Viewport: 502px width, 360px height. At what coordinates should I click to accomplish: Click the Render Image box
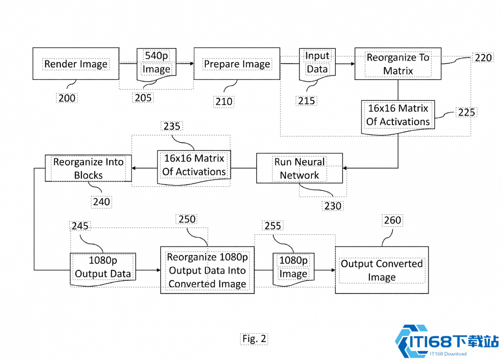coord(76,64)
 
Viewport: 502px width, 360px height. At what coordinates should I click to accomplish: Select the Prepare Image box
coord(237,64)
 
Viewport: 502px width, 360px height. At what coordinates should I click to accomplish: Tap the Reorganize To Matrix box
coord(398,64)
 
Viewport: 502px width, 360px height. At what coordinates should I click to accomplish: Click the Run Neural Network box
coord(299,168)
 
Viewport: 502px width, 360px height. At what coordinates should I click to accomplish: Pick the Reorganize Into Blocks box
coord(88,168)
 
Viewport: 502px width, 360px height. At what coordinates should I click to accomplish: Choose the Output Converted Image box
coord(381,270)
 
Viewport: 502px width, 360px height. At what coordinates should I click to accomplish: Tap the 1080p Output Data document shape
coord(103,267)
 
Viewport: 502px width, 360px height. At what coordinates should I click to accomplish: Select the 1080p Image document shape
coord(293,267)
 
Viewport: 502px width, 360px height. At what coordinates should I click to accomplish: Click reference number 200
coord(67,98)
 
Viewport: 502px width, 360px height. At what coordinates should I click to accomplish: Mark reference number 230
coord(333,206)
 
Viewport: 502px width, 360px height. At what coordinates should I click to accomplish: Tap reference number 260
coord(392,220)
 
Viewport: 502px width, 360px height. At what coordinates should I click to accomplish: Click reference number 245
coord(79,226)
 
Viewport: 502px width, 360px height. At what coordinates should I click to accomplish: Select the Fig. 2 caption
coord(254,339)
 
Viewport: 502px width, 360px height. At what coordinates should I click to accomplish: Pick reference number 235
coord(172,127)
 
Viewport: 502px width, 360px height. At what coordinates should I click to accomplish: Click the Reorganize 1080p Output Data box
coord(207,270)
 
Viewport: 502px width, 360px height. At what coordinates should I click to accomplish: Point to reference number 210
coord(224,102)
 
